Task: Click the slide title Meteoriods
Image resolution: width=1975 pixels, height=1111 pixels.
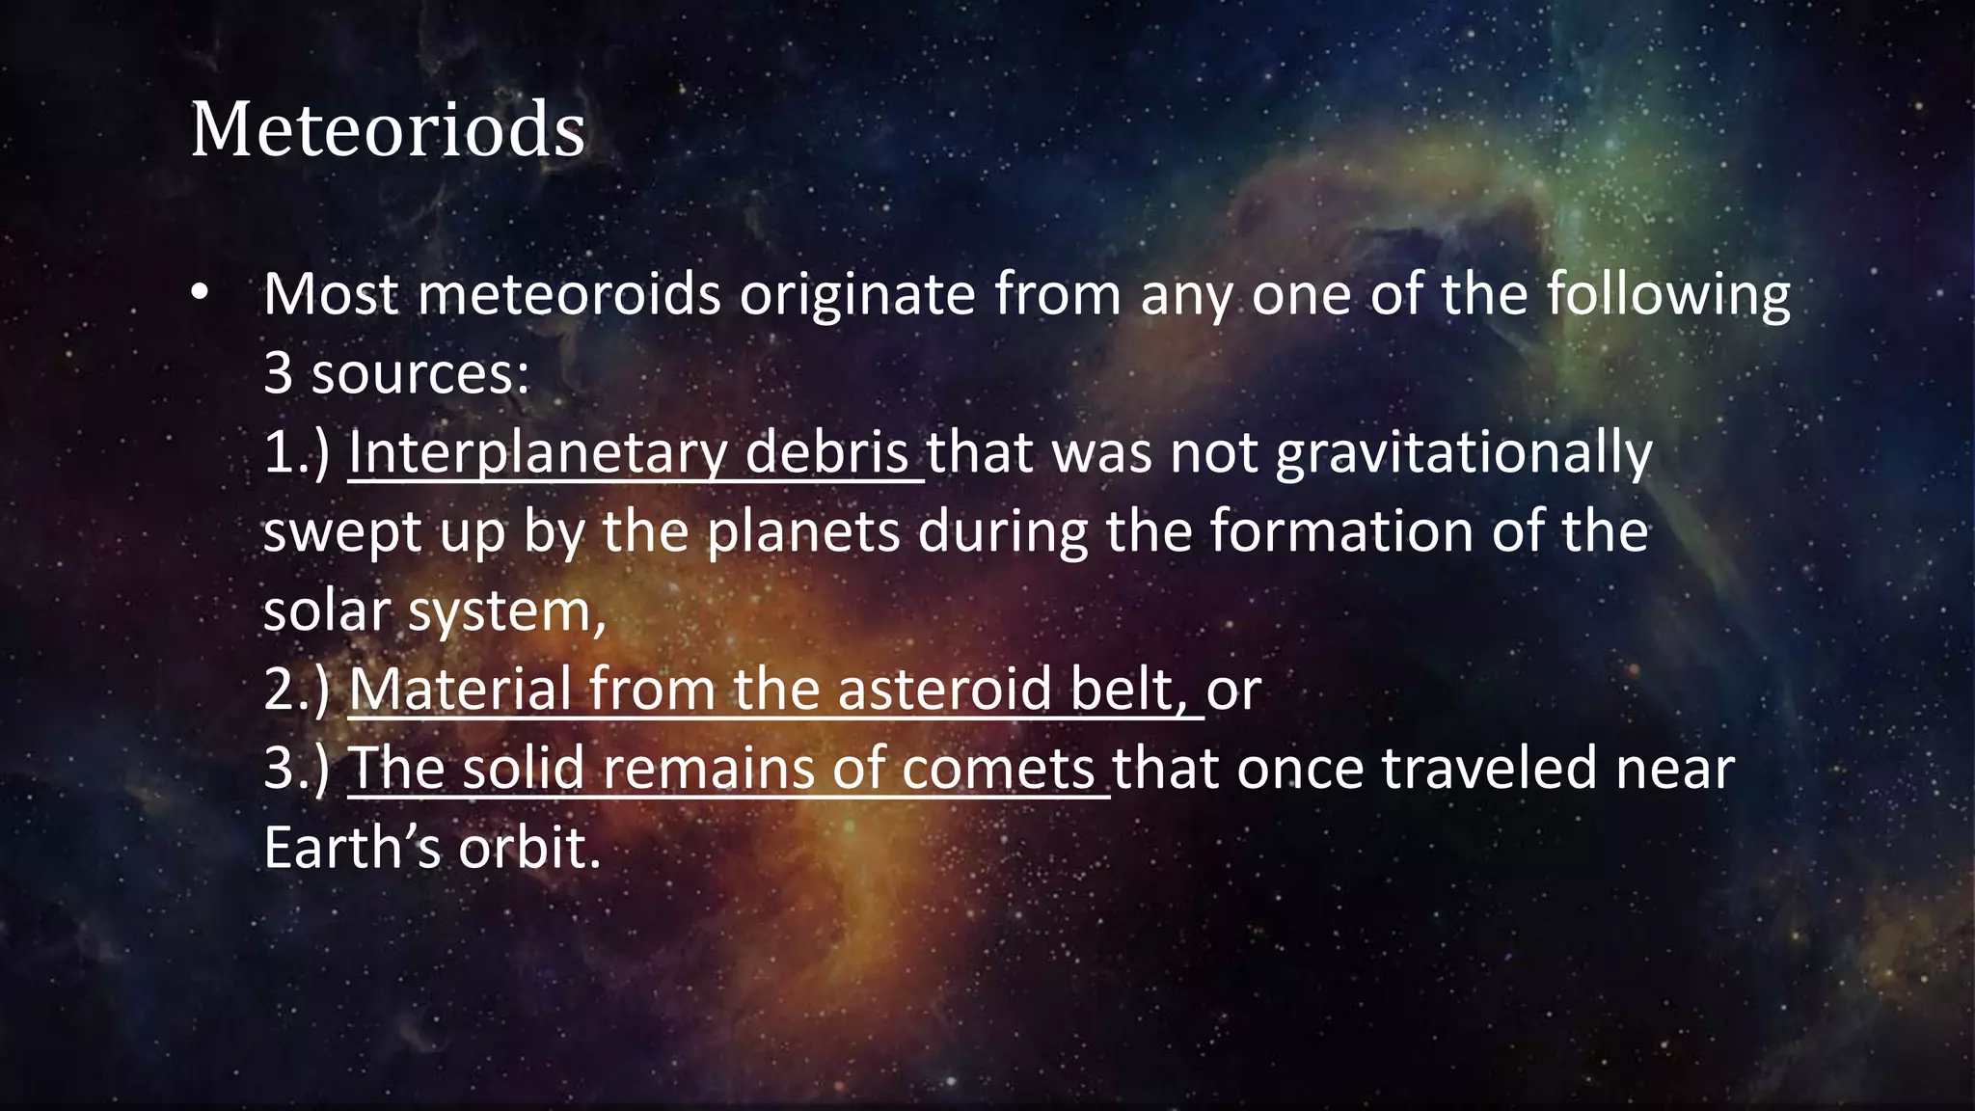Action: (388, 129)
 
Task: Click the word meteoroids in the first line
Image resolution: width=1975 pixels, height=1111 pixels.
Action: (569, 294)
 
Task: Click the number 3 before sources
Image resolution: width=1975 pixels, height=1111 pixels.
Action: (278, 373)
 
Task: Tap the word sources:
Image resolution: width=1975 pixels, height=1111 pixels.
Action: (420, 373)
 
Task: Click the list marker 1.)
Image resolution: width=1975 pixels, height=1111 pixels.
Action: (297, 452)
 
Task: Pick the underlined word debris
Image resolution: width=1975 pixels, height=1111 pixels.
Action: (827, 452)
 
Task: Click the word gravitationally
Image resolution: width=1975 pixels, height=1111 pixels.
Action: (1464, 454)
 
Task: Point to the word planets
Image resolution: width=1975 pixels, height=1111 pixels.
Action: (803, 531)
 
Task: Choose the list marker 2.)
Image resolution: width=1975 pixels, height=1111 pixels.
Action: (297, 690)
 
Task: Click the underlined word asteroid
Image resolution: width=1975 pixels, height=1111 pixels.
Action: (944, 690)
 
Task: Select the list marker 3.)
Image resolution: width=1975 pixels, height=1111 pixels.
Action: (297, 769)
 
